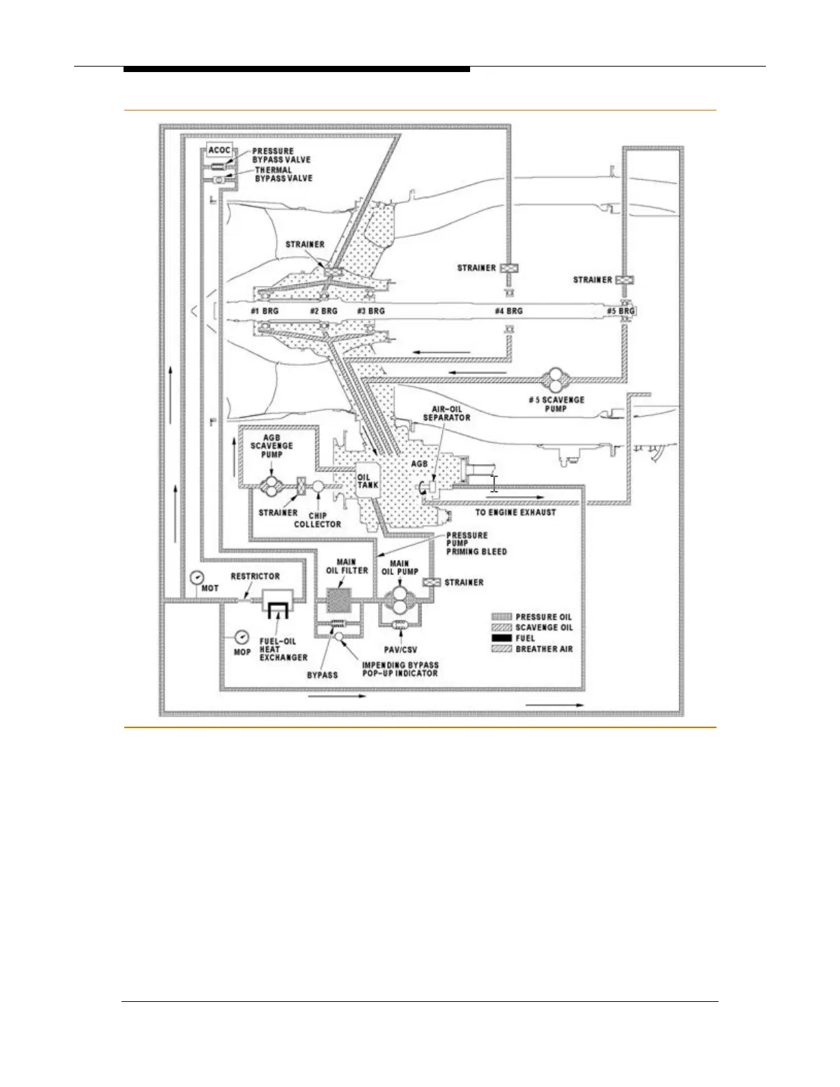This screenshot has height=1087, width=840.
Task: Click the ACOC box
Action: (219, 150)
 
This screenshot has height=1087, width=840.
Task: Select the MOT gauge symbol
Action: (198, 578)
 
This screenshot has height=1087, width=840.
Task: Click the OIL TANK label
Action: (364, 481)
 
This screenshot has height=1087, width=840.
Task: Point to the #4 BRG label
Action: (509, 311)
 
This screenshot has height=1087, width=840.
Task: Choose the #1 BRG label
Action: (264, 311)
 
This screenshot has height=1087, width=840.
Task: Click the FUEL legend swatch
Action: (502, 638)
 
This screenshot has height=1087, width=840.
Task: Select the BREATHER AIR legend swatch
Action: (502, 649)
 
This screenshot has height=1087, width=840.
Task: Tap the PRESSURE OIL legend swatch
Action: (502, 617)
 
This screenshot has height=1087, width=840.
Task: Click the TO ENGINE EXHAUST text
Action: (515, 513)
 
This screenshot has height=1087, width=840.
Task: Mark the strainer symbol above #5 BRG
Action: (624, 280)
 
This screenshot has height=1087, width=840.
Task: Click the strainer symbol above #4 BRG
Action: (509, 268)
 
